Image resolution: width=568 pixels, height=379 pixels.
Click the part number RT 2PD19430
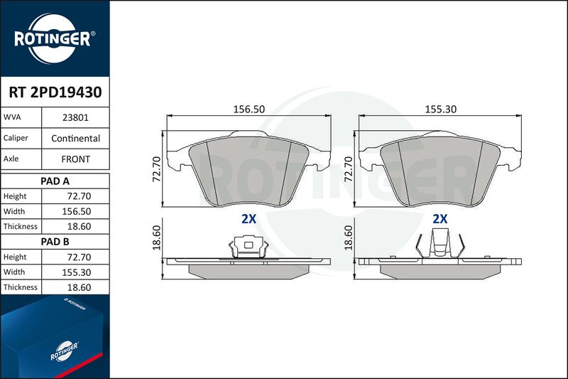click(55, 92)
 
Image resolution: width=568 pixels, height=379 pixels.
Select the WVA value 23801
click(75, 117)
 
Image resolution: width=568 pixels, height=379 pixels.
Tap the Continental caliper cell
click(75, 138)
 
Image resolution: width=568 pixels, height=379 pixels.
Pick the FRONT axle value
click(75, 159)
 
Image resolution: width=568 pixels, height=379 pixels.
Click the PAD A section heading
click(55, 181)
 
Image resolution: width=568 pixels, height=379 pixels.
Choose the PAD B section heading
click(55, 242)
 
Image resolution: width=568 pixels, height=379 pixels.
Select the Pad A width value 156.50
click(77, 211)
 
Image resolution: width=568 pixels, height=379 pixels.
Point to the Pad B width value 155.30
click(77, 272)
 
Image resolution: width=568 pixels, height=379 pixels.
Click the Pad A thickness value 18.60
click(79, 227)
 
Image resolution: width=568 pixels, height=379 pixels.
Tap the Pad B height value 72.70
click(79, 257)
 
